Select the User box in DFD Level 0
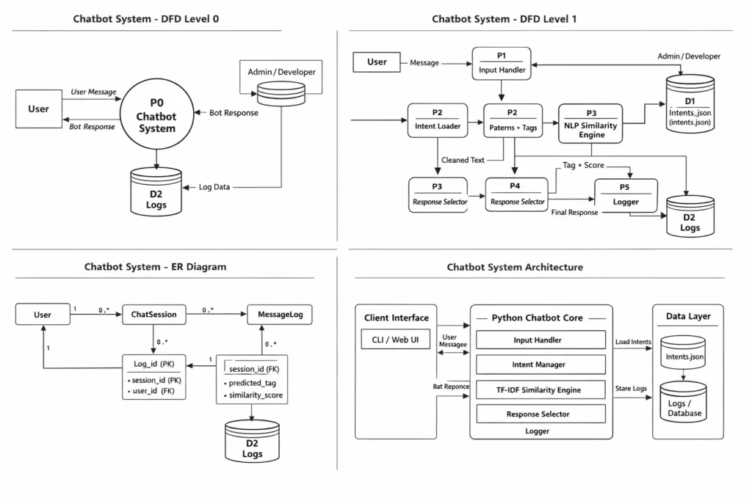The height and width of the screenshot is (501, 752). tap(39, 109)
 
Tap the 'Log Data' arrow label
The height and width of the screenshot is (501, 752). tap(214, 187)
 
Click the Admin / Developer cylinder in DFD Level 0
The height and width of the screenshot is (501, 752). tap(281, 92)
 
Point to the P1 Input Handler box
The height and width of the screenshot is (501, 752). tap(502, 64)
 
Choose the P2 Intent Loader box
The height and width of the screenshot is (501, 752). tap(437, 120)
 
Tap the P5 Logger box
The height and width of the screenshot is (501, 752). tap(626, 196)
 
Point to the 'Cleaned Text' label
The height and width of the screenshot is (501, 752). tap(463, 160)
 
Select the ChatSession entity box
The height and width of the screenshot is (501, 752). tap(153, 315)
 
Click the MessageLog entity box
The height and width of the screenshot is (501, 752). tap(279, 315)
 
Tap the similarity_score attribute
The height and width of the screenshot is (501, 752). tap(255, 396)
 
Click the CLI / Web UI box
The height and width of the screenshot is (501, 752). tap(395, 339)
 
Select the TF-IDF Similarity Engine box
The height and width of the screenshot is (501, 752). tap(540, 390)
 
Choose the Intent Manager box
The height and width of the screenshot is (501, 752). tap(540, 365)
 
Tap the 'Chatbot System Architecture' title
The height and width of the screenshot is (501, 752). tap(515, 267)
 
